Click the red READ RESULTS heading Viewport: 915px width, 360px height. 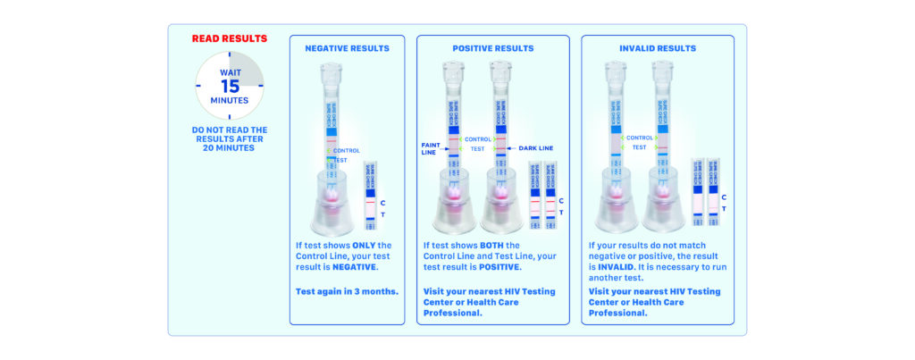point(230,38)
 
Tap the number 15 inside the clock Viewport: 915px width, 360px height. point(230,86)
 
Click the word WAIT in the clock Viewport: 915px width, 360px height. point(230,71)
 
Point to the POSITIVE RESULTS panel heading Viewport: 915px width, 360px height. point(493,47)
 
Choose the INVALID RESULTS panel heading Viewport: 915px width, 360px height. point(657,47)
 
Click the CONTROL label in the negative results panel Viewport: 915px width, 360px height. point(347,151)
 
